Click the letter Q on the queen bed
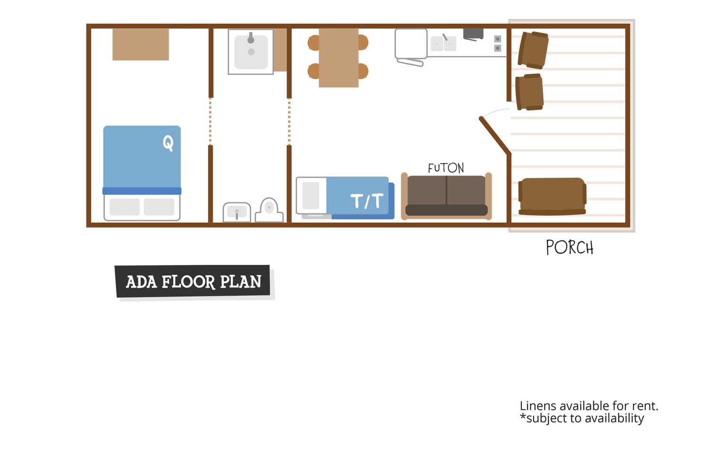168,143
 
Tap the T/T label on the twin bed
367,201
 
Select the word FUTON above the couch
446,168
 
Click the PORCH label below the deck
570,247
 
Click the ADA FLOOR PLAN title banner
193,281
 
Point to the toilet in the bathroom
269,210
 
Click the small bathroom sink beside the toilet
237,212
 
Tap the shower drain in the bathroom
251,51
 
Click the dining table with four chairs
338,58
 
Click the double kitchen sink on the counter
443,43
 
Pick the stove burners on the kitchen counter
498,43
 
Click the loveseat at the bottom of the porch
552,197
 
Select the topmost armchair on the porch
533,50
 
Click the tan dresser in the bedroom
141,44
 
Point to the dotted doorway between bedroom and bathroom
211,122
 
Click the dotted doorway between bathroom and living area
289,122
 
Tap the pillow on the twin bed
311,195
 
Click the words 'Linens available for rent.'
589,406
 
